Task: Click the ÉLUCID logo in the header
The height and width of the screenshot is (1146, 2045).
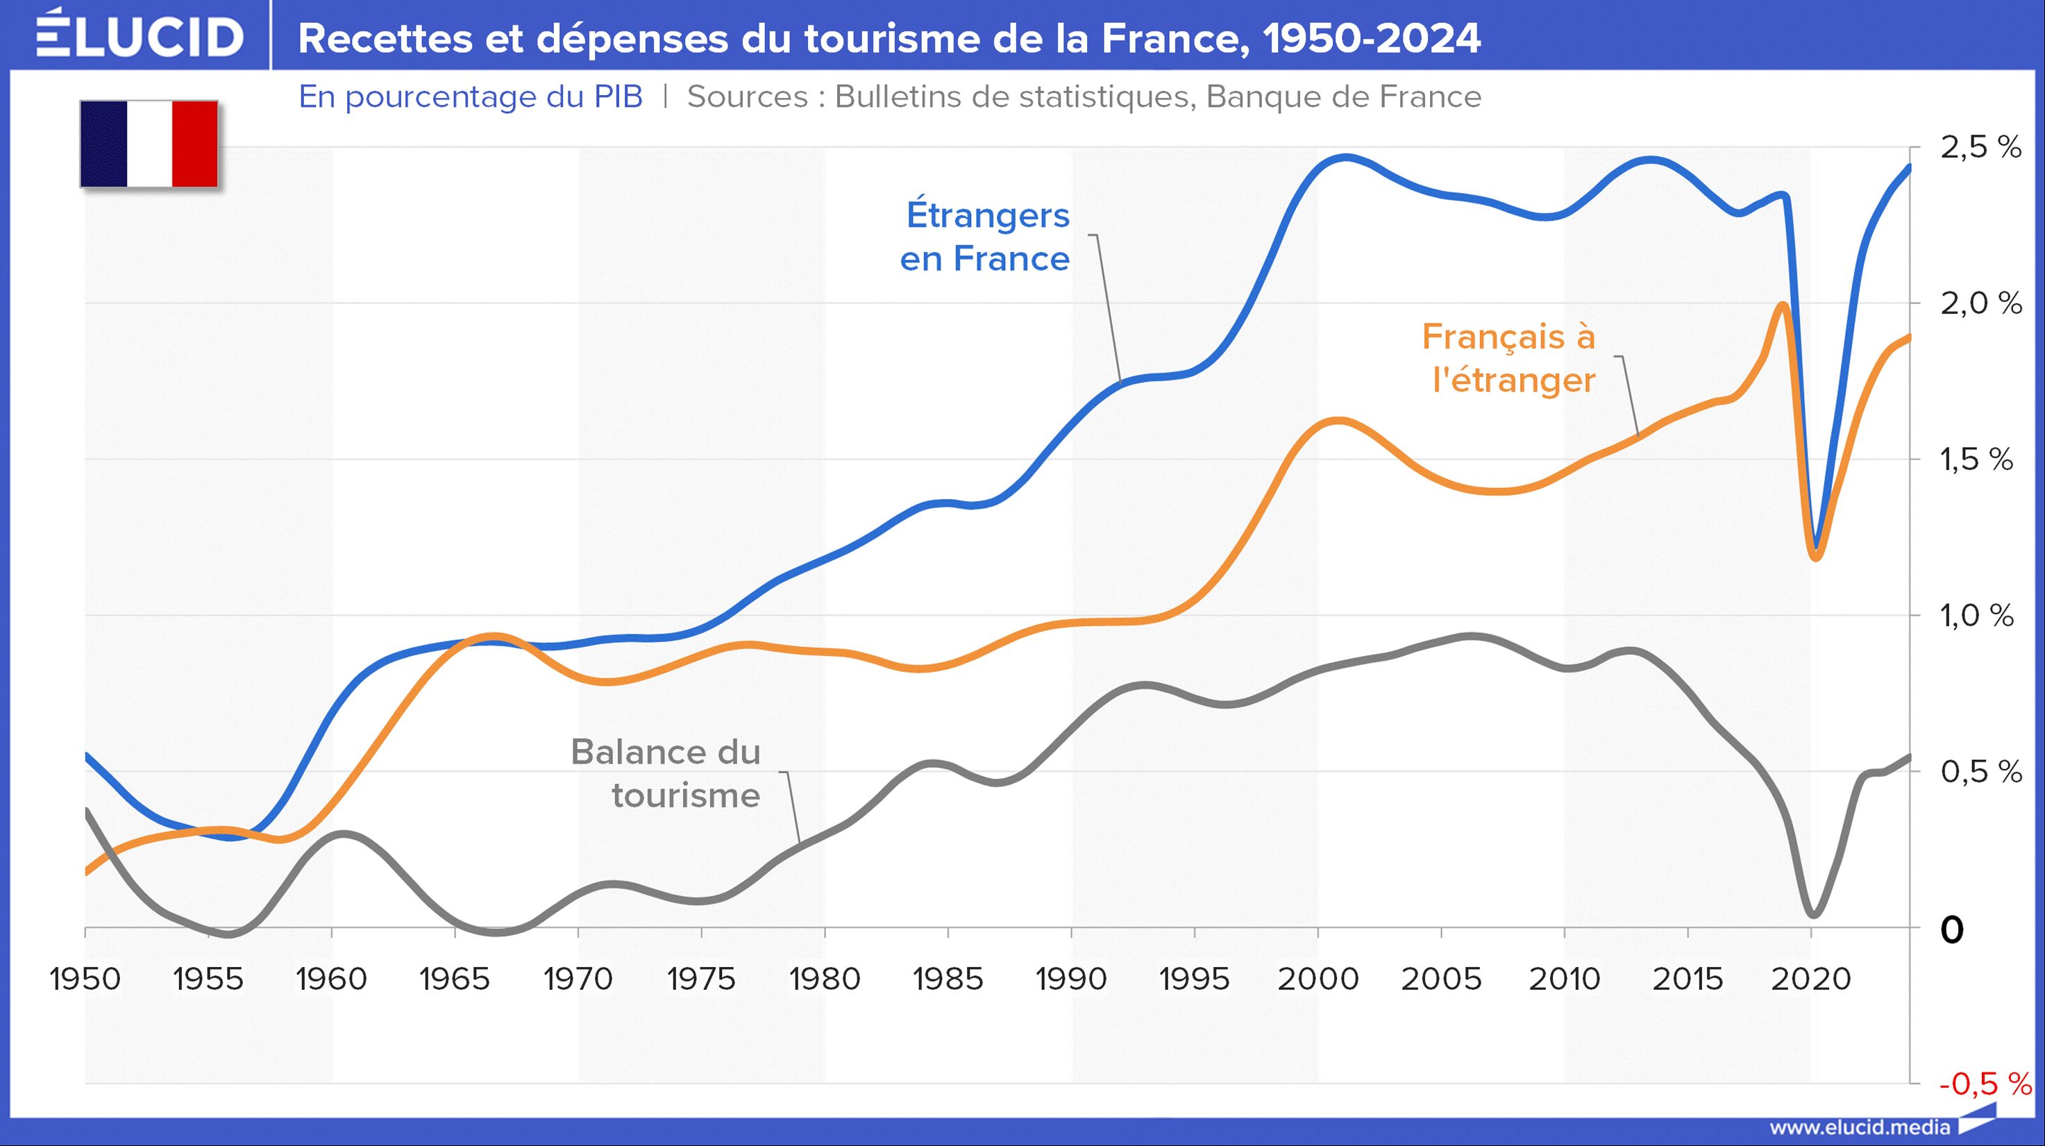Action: [x=140, y=35]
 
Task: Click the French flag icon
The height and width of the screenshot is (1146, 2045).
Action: [x=149, y=144]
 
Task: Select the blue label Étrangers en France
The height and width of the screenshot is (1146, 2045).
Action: [x=985, y=237]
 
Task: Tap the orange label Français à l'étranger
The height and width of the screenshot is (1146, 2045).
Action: [x=1508, y=358]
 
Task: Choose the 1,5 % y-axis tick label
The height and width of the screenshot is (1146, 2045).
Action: [x=1977, y=460]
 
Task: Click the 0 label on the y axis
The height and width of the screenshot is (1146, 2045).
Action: [x=1952, y=929]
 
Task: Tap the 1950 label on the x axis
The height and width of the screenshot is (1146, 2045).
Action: [x=85, y=979]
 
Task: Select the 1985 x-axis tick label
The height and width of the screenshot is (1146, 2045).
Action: [x=948, y=979]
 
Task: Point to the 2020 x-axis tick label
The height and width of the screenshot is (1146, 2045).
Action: [x=1811, y=979]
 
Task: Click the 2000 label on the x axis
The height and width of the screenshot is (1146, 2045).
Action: [x=1318, y=979]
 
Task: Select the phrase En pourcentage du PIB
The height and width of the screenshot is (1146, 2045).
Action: [x=470, y=96]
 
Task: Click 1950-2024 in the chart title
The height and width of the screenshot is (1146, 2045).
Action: [x=1371, y=38]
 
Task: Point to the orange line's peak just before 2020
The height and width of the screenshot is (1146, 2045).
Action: [x=1781, y=305]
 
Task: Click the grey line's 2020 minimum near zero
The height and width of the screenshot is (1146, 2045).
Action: [x=1813, y=914]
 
